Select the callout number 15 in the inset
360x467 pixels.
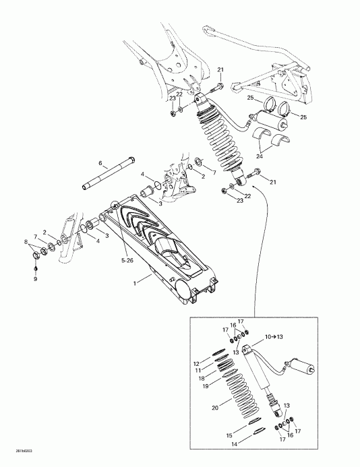[x=229, y=436]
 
